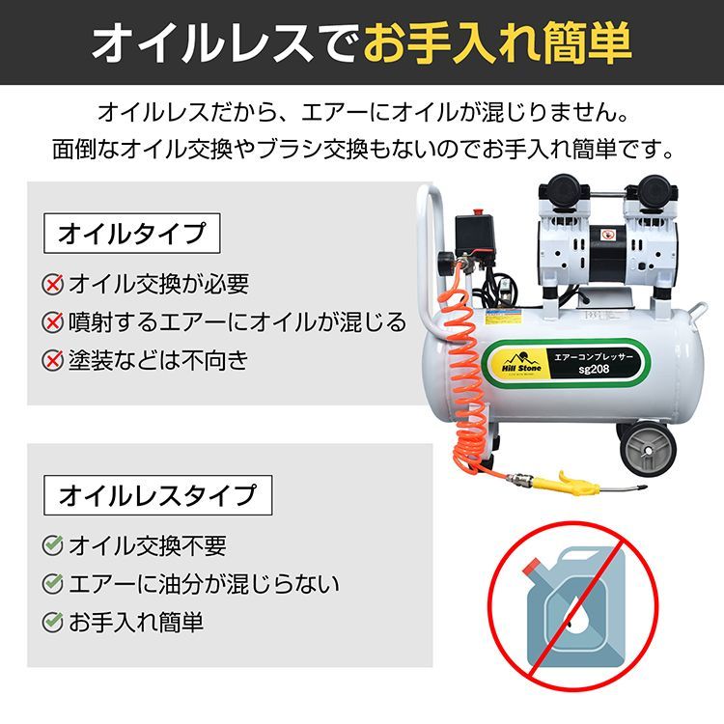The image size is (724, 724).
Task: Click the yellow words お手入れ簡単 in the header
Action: pyautogui.click(x=498, y=44)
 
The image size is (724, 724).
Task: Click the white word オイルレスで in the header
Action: pyautogui.click(x=226, y=44)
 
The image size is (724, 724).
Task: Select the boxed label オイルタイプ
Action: pyautogui.click(x=132, y=234)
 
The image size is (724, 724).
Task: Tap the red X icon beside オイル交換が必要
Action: pyautogui.click(x=53, y=285)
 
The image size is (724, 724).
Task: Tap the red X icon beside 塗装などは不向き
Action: pyautogui.click(x=53, y=361)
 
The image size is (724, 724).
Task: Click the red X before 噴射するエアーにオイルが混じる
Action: pyautogui.click(x=53, y=322)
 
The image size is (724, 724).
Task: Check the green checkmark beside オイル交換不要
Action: pyautogui.click(x=53, y=546)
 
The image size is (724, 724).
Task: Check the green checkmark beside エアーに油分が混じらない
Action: pyautogui.click(x=53, y=584)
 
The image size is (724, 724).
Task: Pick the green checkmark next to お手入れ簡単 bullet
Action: pyautogui.click(x=53, y=623)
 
